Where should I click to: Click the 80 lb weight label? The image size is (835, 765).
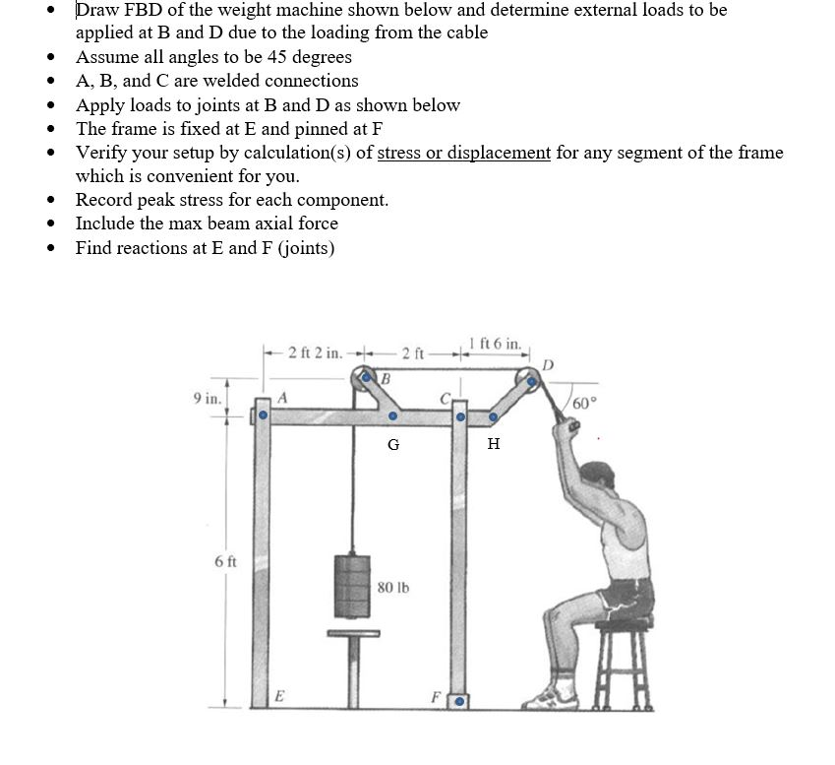393,588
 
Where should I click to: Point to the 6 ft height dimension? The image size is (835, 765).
223,561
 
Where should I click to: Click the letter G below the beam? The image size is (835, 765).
393,445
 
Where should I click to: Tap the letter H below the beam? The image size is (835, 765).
494,445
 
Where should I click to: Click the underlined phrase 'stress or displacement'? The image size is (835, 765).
463,153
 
